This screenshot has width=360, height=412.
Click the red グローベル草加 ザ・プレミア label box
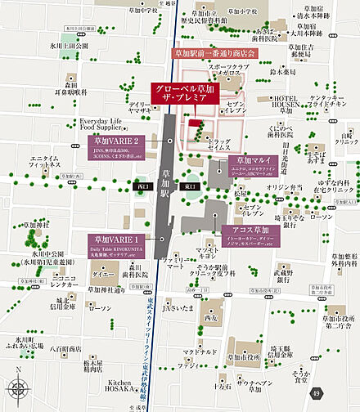[187, 92]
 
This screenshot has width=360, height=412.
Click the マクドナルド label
[200, 328]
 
